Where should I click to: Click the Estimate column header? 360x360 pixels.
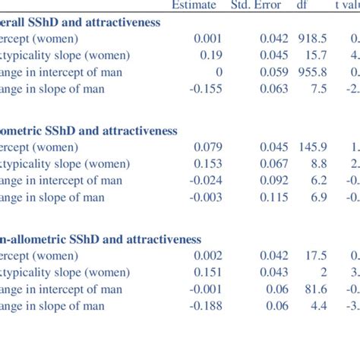pyautogui.click(x=194, y=5)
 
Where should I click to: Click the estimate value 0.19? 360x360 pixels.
pyautogui.click(x=210, y=55)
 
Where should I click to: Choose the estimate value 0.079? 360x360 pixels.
pyautogui.click(x=207, y=147)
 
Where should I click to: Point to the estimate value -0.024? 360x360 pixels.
pyautogui.click(x=204, y=181)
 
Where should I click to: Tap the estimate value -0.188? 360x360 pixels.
pyautogui.click(x=204, y=306)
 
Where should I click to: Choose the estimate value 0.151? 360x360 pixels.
pyautogui.click(x=207, y=273)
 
